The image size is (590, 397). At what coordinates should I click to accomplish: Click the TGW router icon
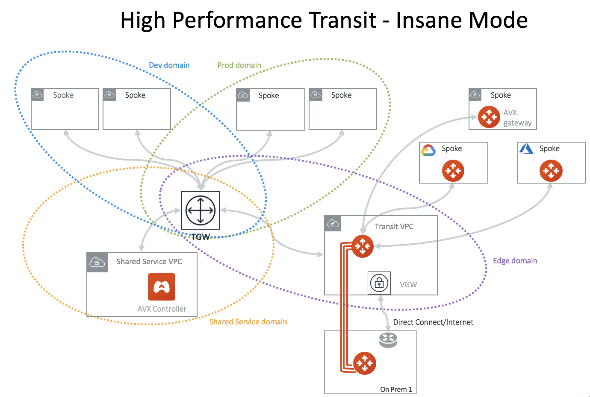(x=201, y=210)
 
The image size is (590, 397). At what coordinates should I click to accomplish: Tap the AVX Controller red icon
(x=162, y=287)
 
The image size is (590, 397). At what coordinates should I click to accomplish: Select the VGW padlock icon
(x=379, y=283)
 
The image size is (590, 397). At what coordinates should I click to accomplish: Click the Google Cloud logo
(x=428, y=150)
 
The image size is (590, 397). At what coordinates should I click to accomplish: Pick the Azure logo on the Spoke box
(x=526, y=149)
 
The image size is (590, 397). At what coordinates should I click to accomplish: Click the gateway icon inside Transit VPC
(x=363, y=246)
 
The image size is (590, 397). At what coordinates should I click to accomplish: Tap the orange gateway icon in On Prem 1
(x=365, y=363)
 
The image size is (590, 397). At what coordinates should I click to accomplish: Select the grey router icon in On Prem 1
(x=388, y=340)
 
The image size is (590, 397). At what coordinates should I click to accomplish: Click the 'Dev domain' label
(x=169, y=65)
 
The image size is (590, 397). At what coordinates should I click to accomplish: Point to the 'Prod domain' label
(x=239, y=65)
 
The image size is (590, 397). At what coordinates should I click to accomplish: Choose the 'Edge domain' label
(x=515, y=261)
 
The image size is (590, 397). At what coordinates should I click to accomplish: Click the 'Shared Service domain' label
(x=248, y=322)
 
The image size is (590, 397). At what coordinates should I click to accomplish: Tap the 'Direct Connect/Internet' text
(x=433, y=322)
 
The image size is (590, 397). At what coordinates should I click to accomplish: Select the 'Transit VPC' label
(x=394, y=227)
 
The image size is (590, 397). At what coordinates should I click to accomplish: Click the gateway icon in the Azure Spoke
(x=551, y=171)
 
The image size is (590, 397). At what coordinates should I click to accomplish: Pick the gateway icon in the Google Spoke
(x=453, y=171)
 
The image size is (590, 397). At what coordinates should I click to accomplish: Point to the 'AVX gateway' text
(x=517, y=118)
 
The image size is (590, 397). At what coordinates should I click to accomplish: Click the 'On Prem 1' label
(x=396, y=389)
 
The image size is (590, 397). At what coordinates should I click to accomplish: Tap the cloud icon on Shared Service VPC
(x=97, y=262)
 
